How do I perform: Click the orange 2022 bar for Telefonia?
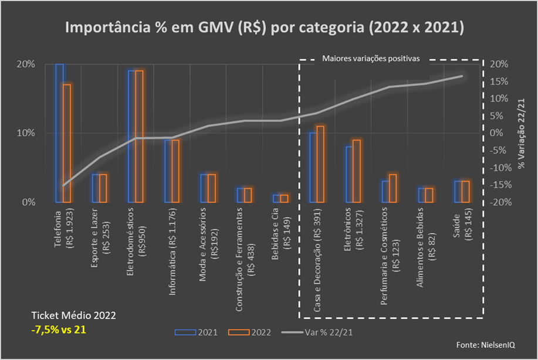tap(67, 143)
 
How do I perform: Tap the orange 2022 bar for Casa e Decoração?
tap(320, 164)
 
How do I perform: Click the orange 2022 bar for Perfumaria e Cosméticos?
tap(392, 188)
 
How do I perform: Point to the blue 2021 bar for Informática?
tap(168, 171)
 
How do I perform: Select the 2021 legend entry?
tap(197, 332)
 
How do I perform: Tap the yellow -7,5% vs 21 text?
tap(59, 330)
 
